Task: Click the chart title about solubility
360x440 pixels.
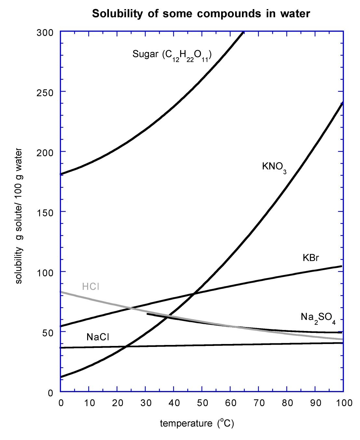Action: tap(201, 14)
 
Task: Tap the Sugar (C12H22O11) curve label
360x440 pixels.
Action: tap(172, 54)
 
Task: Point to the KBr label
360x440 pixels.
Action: tap(311, 258)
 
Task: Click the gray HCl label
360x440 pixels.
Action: tap(90, 287)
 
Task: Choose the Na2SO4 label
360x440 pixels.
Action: tap(318, 317)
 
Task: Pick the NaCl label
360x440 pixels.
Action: tap(98, 337)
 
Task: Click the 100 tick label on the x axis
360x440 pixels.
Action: tap(344, 403)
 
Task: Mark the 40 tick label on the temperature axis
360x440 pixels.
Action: tap(174, 403)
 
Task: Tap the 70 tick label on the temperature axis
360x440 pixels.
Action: tap(259, 403)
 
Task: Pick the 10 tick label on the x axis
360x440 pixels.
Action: tap(89, 403)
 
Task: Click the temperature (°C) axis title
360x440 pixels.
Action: tap(197, 423)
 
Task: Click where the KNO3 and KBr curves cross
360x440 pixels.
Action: tap(194, 294)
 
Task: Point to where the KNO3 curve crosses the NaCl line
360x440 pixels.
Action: tap(127, 346)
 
